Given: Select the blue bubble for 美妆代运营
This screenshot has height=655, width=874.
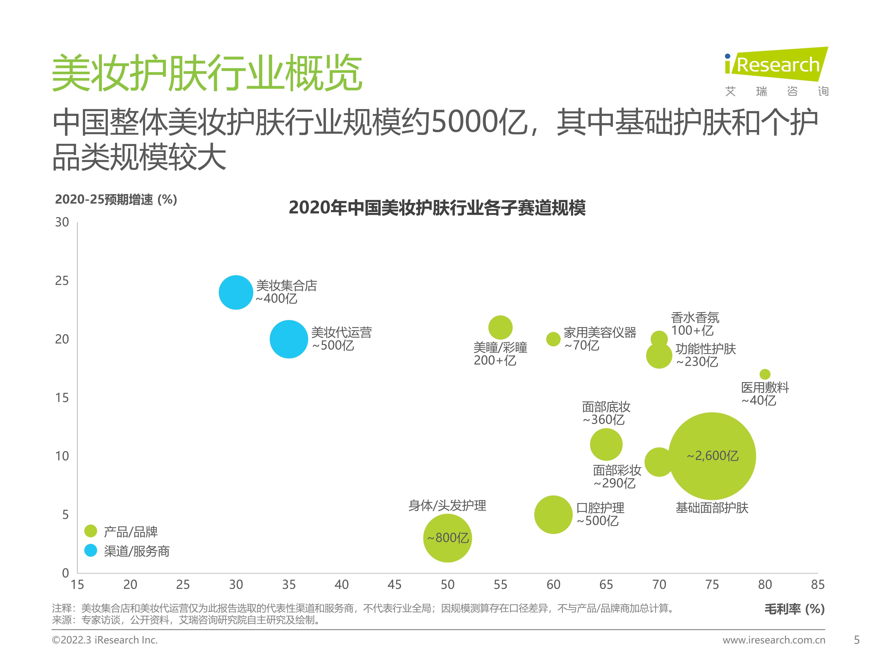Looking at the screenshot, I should (289, 339).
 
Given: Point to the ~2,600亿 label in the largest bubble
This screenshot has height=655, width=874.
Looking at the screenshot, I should (712, 456).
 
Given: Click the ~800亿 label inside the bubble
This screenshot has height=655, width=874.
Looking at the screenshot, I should (448, 538).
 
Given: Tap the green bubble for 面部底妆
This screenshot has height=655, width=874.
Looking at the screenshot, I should (606, 445).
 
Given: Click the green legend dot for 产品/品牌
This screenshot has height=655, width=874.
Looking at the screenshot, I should (91, 531).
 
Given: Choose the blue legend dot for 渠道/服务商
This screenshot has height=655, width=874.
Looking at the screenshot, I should (91, 550).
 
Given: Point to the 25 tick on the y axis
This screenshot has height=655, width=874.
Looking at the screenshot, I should (62, 281).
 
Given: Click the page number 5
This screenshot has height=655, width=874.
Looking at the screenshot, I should (857, 640).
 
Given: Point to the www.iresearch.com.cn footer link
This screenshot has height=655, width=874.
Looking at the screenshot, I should (774, 640).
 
